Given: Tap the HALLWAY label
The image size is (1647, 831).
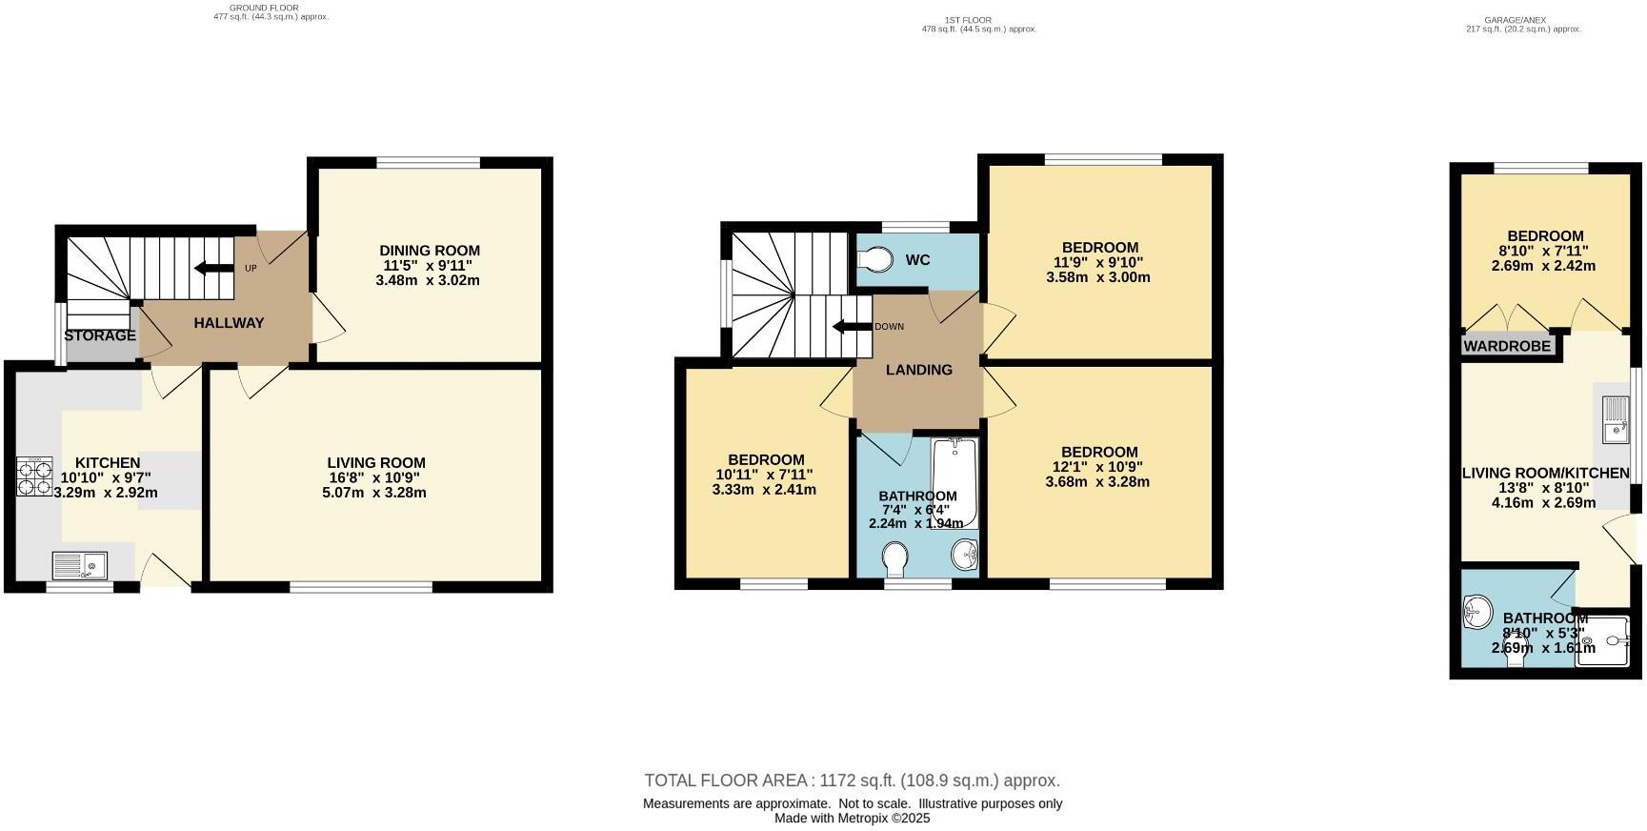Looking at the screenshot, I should [229, 323].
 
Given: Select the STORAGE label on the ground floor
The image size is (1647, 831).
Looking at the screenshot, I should [100, 336].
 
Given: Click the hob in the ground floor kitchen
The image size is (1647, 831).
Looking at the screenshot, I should [34, 476].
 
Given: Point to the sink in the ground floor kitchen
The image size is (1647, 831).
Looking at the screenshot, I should [80, 566].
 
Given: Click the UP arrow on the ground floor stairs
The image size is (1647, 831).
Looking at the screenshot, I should [214, 268].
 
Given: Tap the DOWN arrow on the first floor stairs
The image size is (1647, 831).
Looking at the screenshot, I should [853, 327].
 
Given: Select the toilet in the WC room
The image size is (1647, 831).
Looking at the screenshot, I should [874, 259].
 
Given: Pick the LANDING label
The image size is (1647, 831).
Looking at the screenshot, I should [918, 370].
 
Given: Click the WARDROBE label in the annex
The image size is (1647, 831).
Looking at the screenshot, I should [1507, 346].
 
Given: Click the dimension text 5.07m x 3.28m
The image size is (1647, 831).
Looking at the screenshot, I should [374, 493].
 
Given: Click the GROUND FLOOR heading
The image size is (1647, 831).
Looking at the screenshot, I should [264, 8].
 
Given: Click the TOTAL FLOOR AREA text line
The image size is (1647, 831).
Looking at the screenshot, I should [852, 780].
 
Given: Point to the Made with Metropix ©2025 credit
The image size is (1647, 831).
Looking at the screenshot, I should [852, 818].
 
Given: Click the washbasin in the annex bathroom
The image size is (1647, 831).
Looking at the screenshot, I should [1477, 612].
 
